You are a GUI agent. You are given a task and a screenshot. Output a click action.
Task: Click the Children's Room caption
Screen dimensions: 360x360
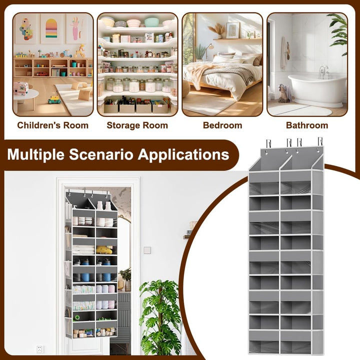pos(53,125)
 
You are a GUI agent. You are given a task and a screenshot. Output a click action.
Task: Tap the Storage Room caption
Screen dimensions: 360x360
pos(137,125)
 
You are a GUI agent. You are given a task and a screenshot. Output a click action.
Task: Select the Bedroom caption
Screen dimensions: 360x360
pos(222,125)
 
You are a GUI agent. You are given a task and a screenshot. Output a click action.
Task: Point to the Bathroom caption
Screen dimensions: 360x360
pos(307,125)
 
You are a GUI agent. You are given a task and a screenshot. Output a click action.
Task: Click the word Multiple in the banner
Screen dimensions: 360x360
pos(36,154)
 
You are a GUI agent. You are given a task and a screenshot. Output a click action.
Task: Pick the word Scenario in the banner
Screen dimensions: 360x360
pos(101,154)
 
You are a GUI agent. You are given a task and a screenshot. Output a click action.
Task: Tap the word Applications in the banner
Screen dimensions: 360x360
pos(183,154)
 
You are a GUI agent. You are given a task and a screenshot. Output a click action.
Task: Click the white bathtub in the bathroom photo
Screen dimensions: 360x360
pos(317,90)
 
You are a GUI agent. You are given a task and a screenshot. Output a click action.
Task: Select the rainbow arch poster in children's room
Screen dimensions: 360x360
pos(51,28)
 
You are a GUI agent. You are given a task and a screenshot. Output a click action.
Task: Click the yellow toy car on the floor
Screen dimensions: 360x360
pos(54,99)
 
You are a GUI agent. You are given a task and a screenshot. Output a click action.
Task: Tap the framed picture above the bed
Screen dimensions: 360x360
pos(232,30)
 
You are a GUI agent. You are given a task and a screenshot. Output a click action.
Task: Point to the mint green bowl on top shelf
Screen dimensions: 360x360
pos(151,22)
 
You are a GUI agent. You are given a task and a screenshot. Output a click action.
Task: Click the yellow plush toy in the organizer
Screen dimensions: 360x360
pos(104,250)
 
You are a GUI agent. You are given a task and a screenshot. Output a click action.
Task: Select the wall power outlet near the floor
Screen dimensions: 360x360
pos(39,349)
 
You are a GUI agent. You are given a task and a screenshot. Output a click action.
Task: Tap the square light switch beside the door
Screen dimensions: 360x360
pos(147,250)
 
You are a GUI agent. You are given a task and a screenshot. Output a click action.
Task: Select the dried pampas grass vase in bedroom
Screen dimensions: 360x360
pos(217,31)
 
